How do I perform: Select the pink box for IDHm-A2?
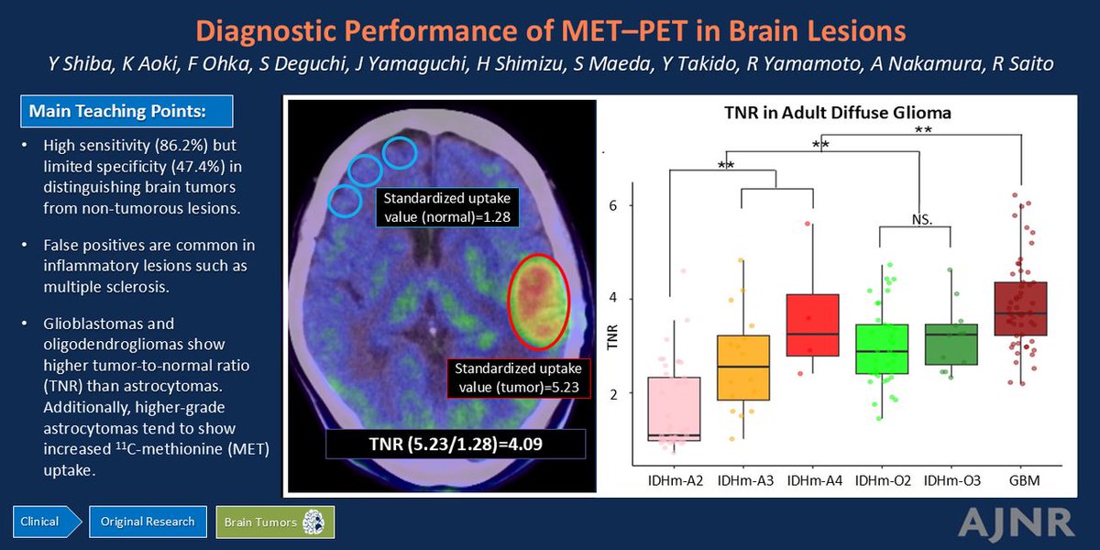674,409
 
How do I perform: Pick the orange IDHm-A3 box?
743,368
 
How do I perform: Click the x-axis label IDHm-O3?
950,481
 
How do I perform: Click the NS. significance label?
922,220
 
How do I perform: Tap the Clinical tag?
40,522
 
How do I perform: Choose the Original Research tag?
148,522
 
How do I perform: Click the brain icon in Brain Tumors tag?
314,522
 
